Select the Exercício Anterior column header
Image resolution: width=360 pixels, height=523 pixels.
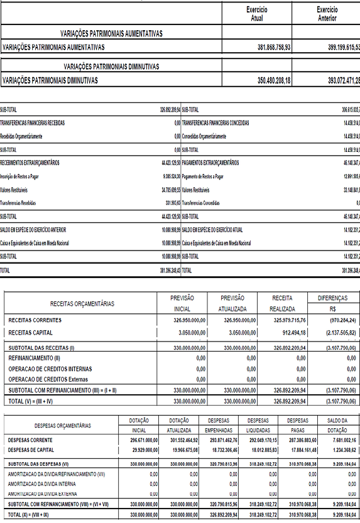click(x=327, y=14)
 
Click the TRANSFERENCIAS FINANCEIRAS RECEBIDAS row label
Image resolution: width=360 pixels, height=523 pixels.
click(x=33, y=122)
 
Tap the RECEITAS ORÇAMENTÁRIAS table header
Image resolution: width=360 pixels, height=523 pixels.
click(x=82, y=303)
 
